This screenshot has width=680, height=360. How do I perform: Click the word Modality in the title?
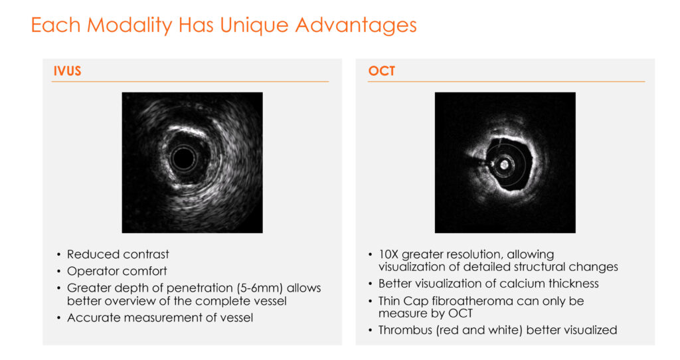pos(129,25)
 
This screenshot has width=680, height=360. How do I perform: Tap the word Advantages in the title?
pos(356,25)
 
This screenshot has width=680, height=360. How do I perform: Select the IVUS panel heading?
pos(67,70)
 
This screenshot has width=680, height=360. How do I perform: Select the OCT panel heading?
pos(382,70)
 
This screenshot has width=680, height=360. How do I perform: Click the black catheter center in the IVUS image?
pos(183,159)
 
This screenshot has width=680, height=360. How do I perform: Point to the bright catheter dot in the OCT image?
pos(505,165)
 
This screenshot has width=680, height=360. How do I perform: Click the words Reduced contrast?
pos(118,254)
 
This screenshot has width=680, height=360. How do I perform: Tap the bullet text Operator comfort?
pos(117,271)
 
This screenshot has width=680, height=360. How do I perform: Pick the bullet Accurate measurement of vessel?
pos(160,317)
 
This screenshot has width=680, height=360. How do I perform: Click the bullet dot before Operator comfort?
pos(59,272)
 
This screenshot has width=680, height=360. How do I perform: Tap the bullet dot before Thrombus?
pos(370,331)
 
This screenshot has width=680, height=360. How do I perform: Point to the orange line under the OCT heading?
pos(507,81)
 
